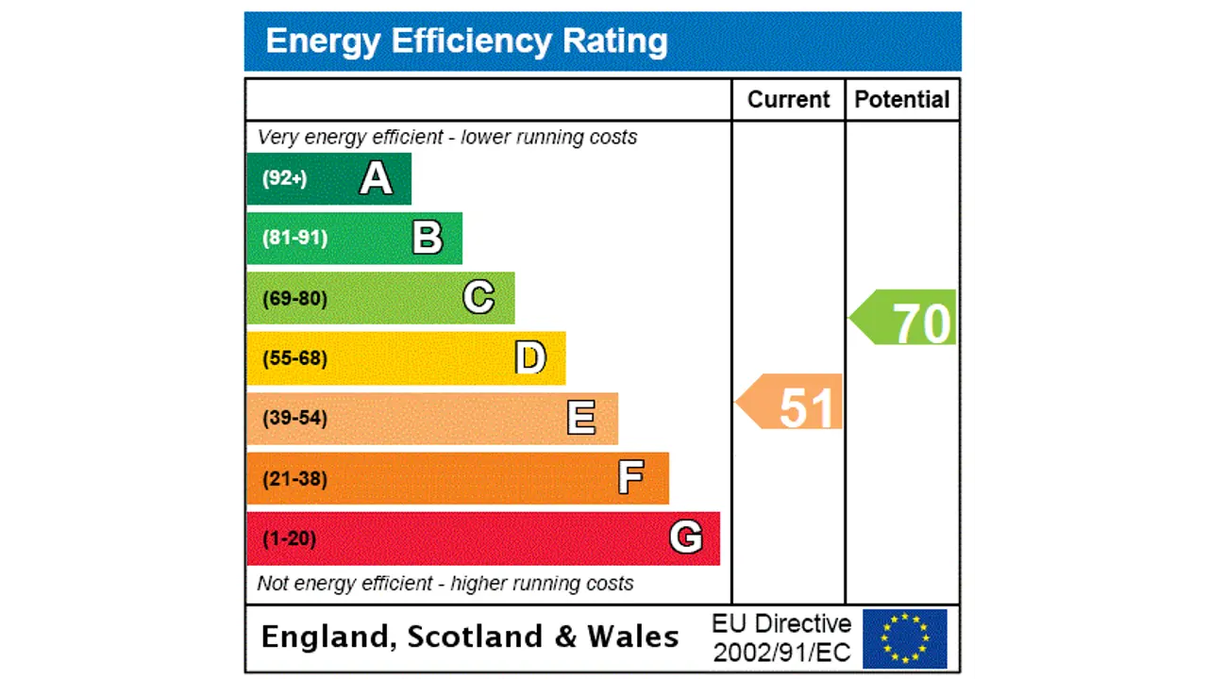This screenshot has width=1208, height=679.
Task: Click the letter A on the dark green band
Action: pos(376,178)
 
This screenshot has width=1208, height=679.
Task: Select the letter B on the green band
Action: pos(428,239)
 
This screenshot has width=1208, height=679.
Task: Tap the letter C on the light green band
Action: pos(478,298)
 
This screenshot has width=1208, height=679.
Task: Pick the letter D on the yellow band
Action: pos(530,358)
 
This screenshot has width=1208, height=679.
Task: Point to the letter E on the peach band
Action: pos(581,418)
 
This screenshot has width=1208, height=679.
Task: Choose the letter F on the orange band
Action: pos(631,478)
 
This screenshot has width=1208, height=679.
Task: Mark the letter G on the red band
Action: pos(686,538)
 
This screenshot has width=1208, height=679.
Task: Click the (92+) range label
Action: pos(285,178)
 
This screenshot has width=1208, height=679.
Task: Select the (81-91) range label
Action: pos(295,238)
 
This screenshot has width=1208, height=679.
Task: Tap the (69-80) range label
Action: pos(295,299)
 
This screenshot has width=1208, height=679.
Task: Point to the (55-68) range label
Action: pos(295,358)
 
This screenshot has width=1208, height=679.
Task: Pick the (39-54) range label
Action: pos(295,418)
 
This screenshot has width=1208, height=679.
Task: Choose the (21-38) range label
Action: pos(295,479)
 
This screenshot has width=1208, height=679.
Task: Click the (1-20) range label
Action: pos(290,538)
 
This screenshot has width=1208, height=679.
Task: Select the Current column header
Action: pos(788,100)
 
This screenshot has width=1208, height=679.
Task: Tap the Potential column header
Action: pos(902,100)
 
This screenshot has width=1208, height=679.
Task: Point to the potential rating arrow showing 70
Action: pos(905,318)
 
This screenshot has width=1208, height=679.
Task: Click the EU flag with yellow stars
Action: pos(905,638)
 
